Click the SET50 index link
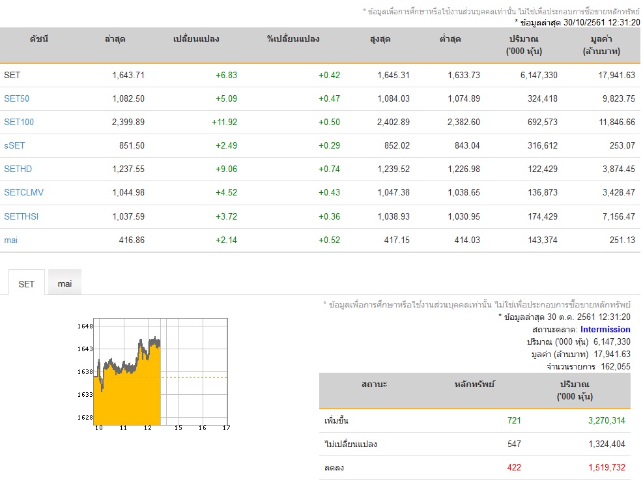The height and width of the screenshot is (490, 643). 16,98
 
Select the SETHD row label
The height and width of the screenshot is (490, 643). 18,169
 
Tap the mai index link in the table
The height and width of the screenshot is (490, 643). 10,240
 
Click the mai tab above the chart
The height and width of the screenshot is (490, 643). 64,283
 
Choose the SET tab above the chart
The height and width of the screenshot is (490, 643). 26,284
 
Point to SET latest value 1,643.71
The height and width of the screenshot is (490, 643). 128,75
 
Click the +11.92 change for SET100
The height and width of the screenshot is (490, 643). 224,122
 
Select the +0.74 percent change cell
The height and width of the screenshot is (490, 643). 329,169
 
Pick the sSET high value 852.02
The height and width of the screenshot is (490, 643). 397,145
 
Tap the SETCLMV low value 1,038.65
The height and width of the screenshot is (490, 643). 464,192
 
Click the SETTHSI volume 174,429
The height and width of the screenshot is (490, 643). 543,216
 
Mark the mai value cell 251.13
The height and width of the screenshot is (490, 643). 622,240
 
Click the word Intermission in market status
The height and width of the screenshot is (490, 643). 605,329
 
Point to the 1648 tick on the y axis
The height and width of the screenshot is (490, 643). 85,326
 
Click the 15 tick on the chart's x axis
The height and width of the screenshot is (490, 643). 179,427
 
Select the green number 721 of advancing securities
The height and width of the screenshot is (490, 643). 514,420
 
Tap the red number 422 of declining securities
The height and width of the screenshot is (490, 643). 514,467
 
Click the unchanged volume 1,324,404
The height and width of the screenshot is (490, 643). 607,444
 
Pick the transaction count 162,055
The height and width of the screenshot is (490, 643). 616,367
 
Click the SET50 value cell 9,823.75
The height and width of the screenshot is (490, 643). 619,98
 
